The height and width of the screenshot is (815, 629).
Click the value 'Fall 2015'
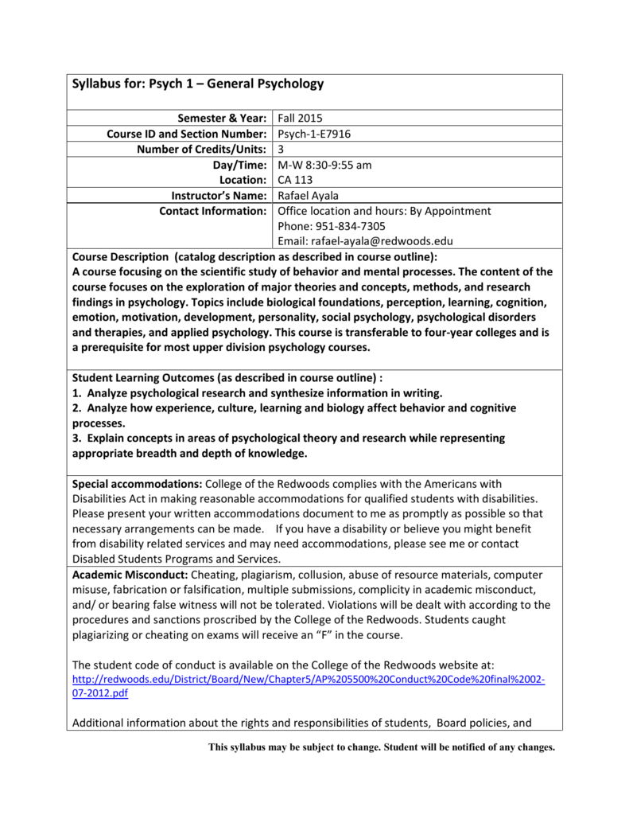tap(301, 118)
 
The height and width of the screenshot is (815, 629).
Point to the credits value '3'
tap(281, 149)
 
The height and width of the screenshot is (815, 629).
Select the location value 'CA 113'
tap(296, 180)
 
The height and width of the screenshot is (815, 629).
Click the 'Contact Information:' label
tap(212, 211)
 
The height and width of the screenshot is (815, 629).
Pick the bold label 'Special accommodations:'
tap(138, 483)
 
